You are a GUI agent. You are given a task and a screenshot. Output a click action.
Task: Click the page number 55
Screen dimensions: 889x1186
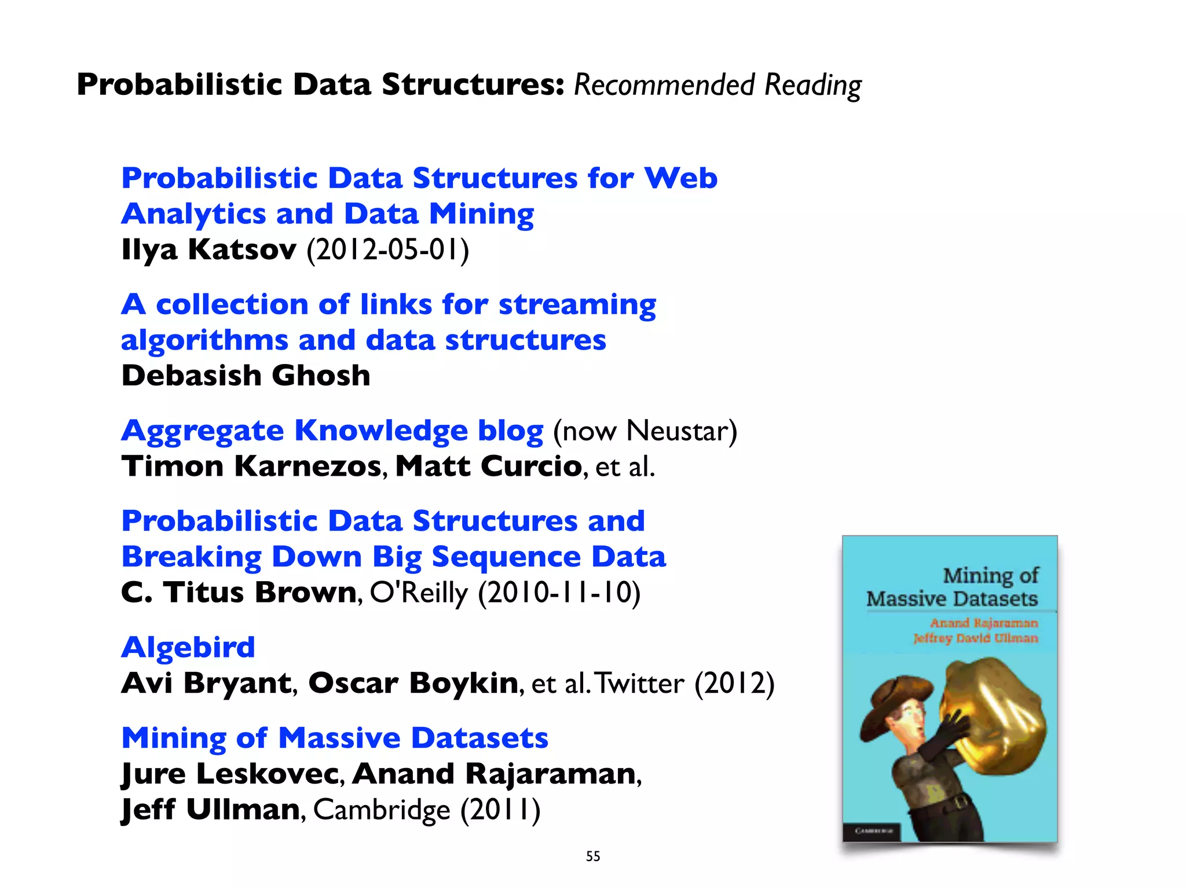pyautogui.click(x=593, y=856)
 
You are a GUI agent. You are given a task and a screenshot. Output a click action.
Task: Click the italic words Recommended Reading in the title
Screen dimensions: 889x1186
pyautogui.click(x=717, y=85)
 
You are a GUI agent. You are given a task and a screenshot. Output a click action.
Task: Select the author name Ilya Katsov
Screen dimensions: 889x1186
pyautogui.click(x=208, y=250)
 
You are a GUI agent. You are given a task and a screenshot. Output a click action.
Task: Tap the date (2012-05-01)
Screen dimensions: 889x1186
pyautogui.click(x=387, y=250)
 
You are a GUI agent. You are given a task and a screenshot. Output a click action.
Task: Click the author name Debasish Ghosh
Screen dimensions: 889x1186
pyautogui.click(x=246, y=376)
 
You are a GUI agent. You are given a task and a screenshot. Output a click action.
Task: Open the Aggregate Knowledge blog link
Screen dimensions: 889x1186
pyautogui.click(x=332, y=431)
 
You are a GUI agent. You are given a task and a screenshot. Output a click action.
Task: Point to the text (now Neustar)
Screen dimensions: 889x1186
pyautogui.click(x=645, y=431)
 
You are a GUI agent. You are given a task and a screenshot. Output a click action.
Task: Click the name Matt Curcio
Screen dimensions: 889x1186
pyautogui.click(x=488, y=466)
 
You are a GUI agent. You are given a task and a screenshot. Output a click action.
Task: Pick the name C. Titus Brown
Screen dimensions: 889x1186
pyautogui.click(x=239, y=593)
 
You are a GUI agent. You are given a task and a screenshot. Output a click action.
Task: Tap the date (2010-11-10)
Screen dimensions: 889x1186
pyautogui.click(x=559, y=593)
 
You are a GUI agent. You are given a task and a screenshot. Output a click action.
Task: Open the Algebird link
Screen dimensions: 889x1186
pyautogui.click(x=188, y=647)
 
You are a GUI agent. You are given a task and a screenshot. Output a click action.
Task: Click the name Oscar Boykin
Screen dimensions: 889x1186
pyautogui.click(x=413, y=683)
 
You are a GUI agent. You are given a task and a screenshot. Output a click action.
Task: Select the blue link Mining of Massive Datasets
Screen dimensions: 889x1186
pyautogui.click(x=335, y=738)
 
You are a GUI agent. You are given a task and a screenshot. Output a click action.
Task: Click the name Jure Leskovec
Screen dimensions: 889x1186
pyautogui.click(x=230, y=774)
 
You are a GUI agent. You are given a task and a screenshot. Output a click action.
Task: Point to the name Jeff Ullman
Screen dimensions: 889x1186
pyautogui.click(x=210, y=810)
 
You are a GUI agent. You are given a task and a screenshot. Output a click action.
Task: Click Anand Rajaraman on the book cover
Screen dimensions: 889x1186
pyautogui.click(x=984, y=623)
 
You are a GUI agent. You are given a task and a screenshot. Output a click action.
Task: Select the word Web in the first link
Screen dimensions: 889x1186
pyautogui.click(x=681, y=178)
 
